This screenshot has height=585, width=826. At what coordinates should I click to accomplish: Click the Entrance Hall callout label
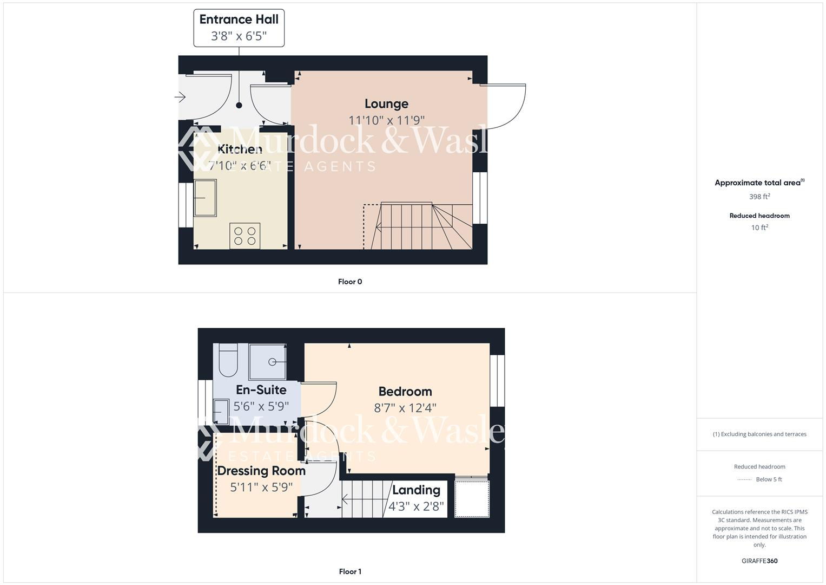(239, 28)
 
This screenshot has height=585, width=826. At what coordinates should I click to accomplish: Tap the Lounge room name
(386, 103)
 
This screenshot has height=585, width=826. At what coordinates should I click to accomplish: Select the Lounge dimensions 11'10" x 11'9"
(386, 120)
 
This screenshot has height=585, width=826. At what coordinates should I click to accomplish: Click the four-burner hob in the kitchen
(245, 236)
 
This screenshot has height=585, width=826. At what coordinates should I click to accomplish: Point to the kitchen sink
(205, 198)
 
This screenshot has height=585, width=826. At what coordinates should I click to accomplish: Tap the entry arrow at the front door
(180, 97)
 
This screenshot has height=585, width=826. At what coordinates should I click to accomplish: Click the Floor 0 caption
(350, 282)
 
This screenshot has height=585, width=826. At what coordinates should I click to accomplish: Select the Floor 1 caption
(350, 571)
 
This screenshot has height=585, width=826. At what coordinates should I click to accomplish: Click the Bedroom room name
(405, 391)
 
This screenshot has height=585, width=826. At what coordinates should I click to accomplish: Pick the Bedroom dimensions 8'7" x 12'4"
(405, 408)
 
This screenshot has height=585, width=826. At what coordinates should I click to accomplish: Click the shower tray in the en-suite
(267, 362)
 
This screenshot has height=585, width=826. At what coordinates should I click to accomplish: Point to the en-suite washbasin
(221, 412)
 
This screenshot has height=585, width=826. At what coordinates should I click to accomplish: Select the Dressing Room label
(261, 471)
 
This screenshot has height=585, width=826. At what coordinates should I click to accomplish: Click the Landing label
(416, 490)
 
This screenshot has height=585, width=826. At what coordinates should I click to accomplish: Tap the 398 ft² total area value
(759, 197)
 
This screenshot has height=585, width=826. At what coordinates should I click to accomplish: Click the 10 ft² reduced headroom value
(759, 227)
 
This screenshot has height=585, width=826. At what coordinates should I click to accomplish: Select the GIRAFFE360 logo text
(759, 561)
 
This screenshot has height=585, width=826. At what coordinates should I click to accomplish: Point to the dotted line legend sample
(744, 479)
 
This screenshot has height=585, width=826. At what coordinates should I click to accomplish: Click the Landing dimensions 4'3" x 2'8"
(416, 507)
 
